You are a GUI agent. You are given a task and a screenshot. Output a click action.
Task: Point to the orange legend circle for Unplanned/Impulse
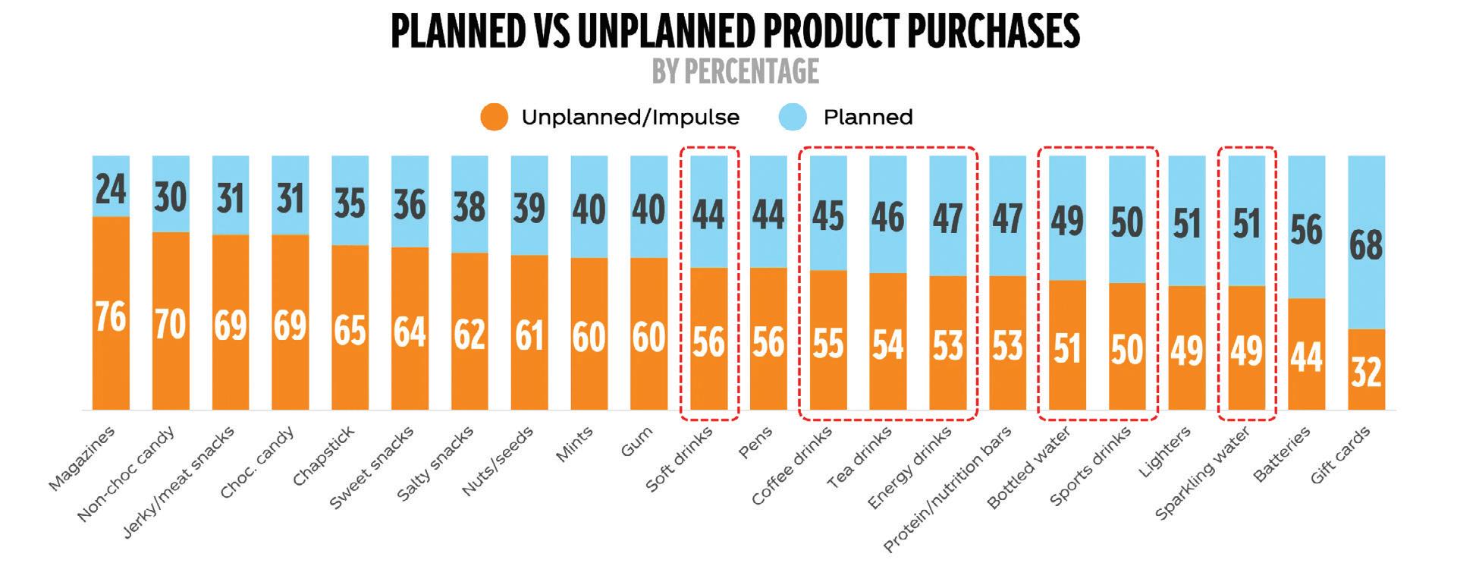tap(495, 118)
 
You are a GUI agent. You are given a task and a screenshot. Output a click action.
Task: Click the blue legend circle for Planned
tap(796, 118)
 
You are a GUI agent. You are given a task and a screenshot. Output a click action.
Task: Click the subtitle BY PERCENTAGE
tap(735, 71)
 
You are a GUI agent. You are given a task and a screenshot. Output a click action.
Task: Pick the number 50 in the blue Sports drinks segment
tap(1127, 222)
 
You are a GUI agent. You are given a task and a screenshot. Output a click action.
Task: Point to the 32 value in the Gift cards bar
tap(1366, 372)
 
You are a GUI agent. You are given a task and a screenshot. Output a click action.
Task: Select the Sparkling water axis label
tap(1202, 473)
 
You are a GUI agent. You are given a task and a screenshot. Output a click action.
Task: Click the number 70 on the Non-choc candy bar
tap(171, 324)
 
